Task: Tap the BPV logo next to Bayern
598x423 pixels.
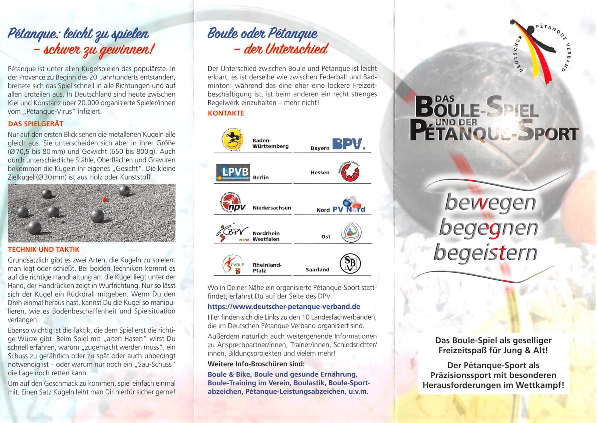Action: tap(349, 144)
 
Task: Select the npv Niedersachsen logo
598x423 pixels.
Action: tap(232, 204)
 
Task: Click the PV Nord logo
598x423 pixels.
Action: tap(349, 206)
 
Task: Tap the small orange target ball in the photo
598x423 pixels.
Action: tap(104, 199)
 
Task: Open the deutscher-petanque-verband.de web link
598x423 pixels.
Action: tap(284, 306)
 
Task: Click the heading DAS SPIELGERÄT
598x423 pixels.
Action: tap(36, 124)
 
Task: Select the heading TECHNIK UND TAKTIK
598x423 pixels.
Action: tap(43, 249)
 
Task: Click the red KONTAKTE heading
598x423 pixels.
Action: tap(226, 113)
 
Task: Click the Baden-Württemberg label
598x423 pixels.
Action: tap(270, 143)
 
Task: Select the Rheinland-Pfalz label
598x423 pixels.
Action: tap(267, 268)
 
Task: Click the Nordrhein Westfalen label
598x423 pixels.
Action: tap(266, 236)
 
